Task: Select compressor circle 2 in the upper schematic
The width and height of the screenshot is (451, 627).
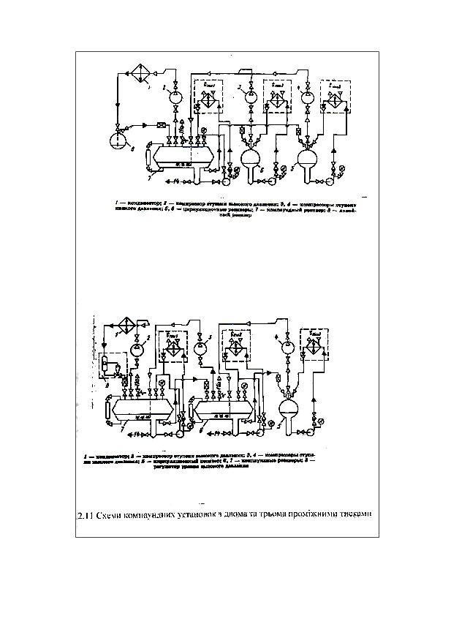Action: click(175, 96)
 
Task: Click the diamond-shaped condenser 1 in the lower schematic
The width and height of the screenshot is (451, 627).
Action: click(129, 324)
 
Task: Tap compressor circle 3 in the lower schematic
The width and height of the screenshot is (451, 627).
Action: click(201, 348)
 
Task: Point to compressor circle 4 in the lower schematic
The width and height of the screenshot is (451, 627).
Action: click(288, 346)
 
